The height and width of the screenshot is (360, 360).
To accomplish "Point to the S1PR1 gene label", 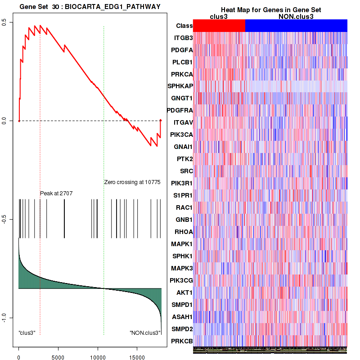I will (x=182, y=195).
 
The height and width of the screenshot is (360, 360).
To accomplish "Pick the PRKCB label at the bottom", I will (x=182, y=341).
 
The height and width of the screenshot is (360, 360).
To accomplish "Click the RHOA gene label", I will (x=183, y=232).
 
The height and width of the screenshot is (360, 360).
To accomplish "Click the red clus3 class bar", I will (x=219, y=26).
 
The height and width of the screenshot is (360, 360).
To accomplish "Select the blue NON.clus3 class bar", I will (x=296, y=26).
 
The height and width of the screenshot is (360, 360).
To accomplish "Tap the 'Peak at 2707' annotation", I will (x=56, y=193).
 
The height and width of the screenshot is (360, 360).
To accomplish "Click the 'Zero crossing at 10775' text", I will (x=132, y=182).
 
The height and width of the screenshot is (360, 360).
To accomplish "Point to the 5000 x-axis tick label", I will (x=58, y=354).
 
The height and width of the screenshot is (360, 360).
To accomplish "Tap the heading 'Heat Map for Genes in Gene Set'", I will (x=270, y=10).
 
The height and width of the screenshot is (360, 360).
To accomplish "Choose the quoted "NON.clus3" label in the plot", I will (x=145, y=333).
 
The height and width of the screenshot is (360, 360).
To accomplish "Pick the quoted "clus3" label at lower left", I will (x=27, y=333).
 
